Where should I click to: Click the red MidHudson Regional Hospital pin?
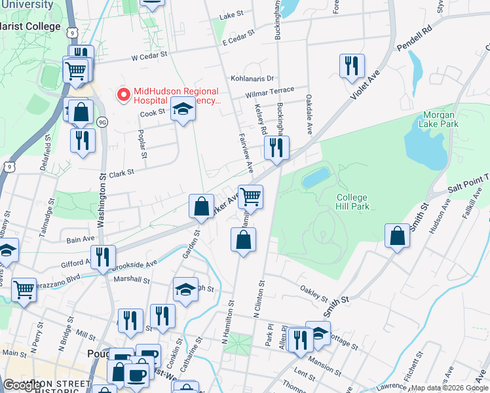[122, 96]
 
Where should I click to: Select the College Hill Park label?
[353, 202]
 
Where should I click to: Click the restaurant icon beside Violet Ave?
[352, 65]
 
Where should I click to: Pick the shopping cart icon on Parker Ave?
[250, 196]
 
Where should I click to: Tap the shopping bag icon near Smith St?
[397, 236]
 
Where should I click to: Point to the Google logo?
[23, 384]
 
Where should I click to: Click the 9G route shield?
[102, 122]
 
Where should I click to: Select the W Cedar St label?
[150, 57]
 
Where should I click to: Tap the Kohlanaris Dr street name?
[252, 77]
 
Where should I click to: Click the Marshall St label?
[132, 280]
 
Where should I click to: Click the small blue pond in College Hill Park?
[316, 177]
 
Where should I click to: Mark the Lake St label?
[231, 15]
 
